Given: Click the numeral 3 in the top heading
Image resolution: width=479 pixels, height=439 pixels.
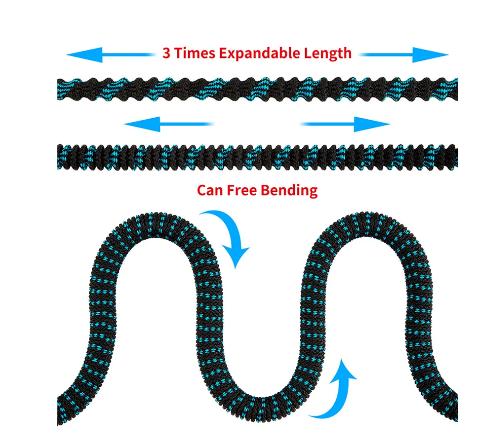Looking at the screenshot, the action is (166, 53).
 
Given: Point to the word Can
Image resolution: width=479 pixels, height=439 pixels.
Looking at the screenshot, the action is (208, 190).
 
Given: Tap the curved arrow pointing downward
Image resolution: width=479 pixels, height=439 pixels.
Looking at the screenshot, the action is (228, 236).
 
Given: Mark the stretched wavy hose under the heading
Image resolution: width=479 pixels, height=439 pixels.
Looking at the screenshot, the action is (257, 89).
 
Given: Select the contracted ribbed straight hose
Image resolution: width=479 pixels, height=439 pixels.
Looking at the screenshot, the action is (257, 156).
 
